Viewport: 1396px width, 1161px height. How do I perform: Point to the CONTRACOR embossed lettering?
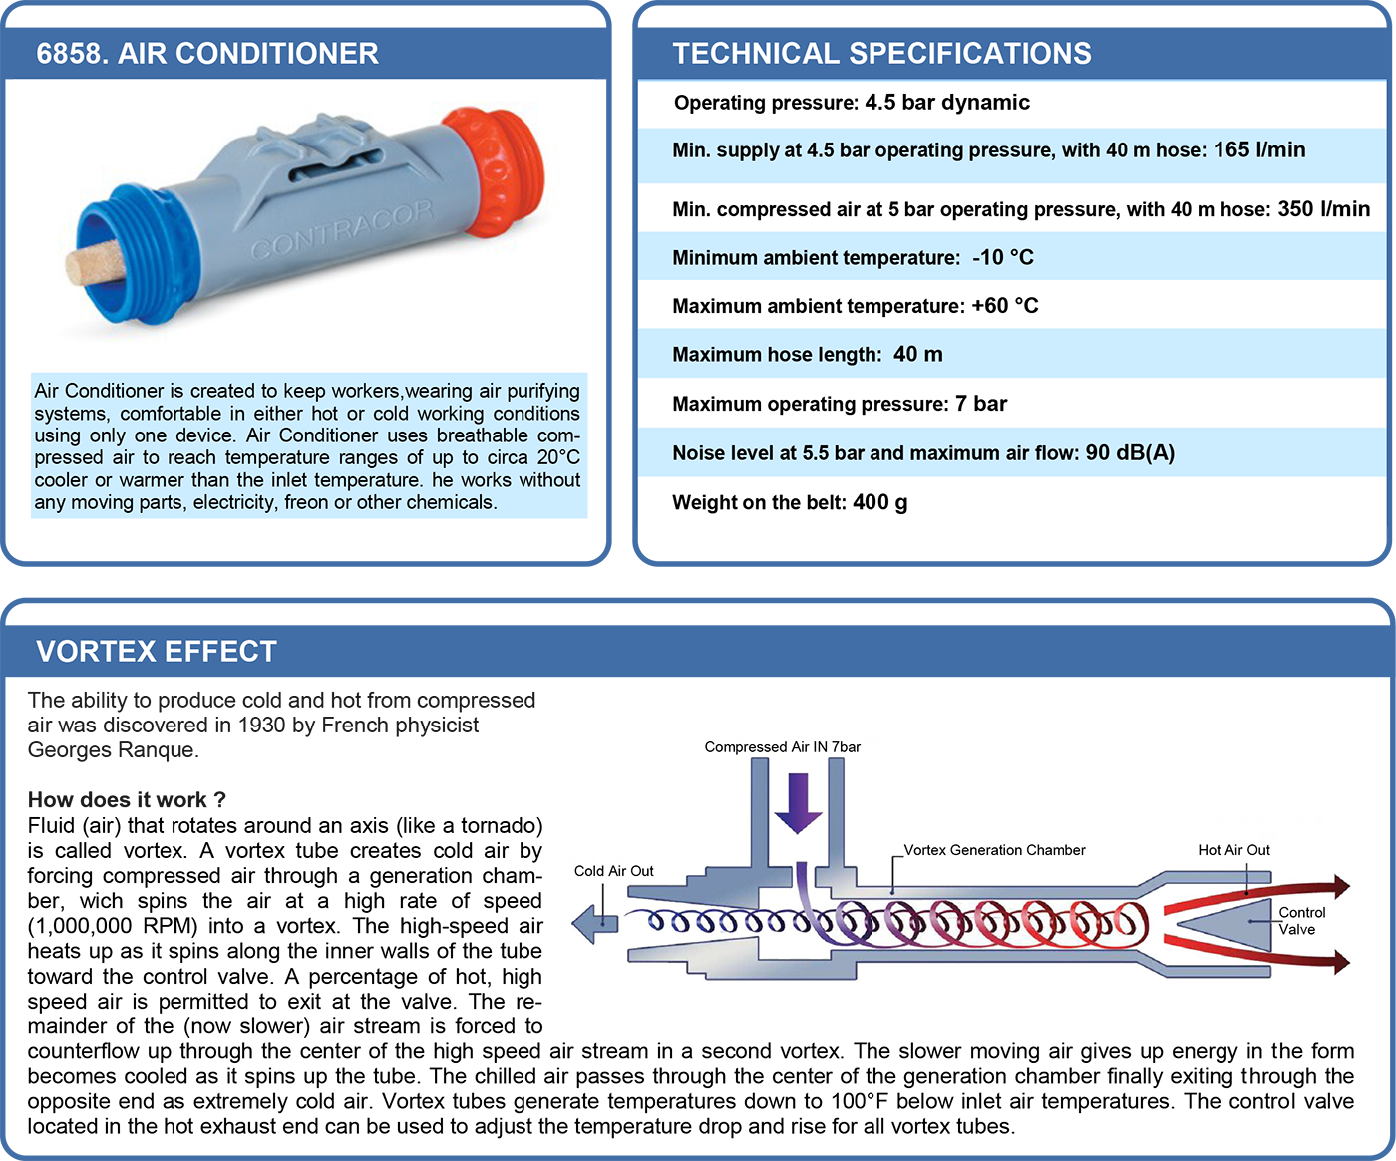342,229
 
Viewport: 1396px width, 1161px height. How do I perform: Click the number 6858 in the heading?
72,54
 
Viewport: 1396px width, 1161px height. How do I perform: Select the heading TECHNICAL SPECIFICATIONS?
881,54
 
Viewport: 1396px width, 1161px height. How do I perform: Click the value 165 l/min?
1259,149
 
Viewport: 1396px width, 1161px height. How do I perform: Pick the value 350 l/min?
1324,209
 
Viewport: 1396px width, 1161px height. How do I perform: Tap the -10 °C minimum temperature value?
1003,257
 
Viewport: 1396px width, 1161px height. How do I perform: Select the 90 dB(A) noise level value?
1130,453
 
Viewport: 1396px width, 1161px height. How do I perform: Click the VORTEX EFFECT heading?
157,651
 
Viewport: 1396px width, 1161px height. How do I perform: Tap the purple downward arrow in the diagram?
799,803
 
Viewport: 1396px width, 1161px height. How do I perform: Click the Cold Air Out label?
614,871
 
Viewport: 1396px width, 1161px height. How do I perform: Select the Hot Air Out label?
1233,850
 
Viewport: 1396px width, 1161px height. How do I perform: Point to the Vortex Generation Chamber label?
994,850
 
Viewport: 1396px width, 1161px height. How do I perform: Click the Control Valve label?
1301,921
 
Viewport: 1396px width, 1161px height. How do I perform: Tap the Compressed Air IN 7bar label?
782,747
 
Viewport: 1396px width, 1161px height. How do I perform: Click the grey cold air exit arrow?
595,923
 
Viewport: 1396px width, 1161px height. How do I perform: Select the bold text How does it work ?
127,800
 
